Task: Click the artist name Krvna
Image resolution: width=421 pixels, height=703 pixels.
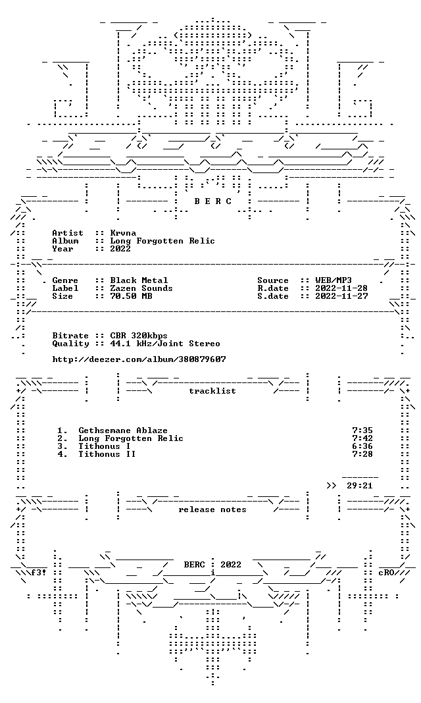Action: pos(123,233)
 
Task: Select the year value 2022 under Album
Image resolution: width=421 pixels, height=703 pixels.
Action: pos(120,249)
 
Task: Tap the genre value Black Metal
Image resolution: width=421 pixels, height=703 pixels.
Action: pos(139,280)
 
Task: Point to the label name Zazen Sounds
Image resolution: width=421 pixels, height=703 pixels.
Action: pos(141,288)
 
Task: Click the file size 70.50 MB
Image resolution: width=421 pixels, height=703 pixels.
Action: pos(131,296)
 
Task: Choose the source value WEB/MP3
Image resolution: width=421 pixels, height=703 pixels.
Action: pos(334,280)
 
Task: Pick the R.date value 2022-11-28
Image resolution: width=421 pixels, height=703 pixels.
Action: pos(341,288)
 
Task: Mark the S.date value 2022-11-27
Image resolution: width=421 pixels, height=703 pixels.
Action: pos(341,296)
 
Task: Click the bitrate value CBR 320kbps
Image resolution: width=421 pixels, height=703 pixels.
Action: pos(139,336)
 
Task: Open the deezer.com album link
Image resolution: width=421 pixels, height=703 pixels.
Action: pos(139,359)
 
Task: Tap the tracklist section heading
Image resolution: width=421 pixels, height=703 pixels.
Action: pos(212,391)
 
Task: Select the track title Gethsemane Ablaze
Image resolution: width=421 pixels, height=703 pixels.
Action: pos(123,431)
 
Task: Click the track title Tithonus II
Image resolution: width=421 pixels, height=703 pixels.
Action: pos(107,455)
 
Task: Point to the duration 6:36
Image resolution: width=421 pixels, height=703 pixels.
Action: pos(362,446)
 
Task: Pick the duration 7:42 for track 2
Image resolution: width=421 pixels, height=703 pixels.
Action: pos(362,438)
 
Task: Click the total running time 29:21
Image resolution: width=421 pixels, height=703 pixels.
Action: pos(360,486)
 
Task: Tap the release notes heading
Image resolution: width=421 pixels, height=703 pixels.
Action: pos(212,509)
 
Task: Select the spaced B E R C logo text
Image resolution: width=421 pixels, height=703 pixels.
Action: pos(212,201)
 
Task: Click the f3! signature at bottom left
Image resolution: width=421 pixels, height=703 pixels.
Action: pos(39,573)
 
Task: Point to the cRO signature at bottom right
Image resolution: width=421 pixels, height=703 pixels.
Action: pos(386,573)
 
